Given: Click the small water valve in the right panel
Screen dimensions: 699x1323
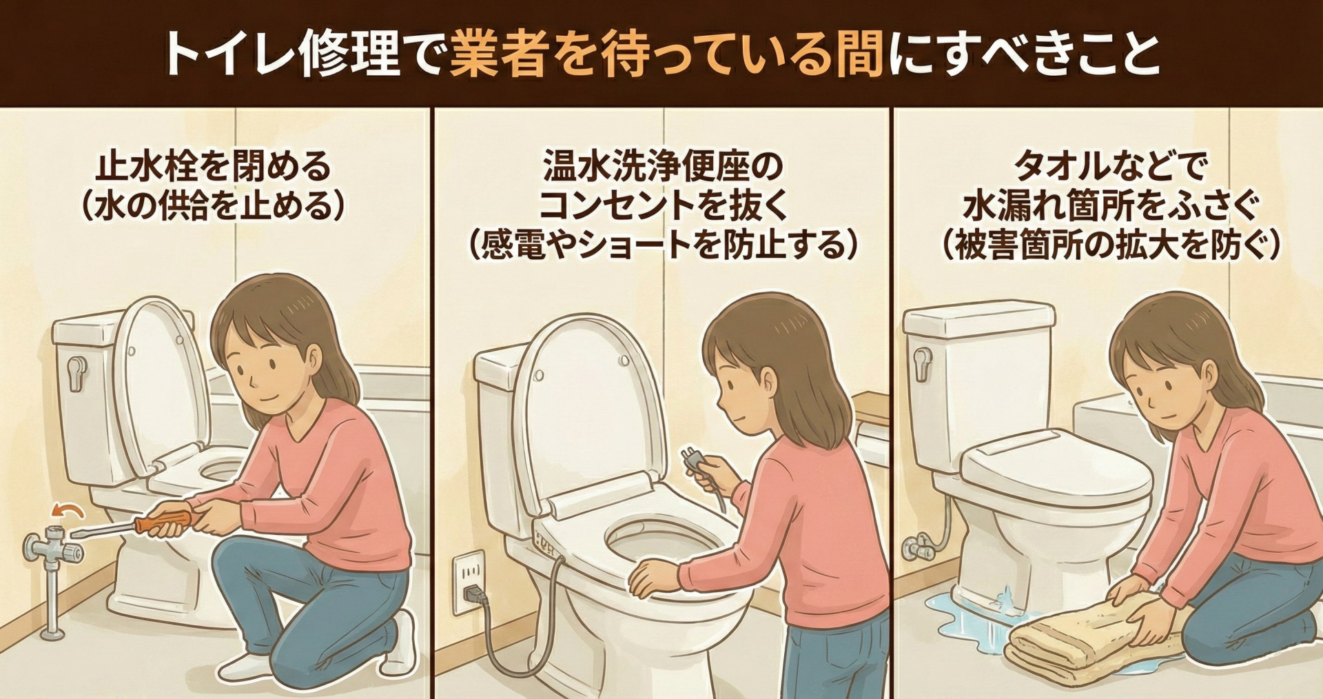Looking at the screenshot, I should click(919, 549).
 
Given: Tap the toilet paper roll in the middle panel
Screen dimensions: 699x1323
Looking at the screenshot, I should click(872, 441).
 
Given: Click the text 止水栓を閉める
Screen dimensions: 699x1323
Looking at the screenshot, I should click(213, 168).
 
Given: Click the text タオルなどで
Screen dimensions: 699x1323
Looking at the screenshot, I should click(1110, 168).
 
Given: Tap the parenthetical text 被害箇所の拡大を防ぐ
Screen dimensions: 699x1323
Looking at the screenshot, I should click(1110, 245).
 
